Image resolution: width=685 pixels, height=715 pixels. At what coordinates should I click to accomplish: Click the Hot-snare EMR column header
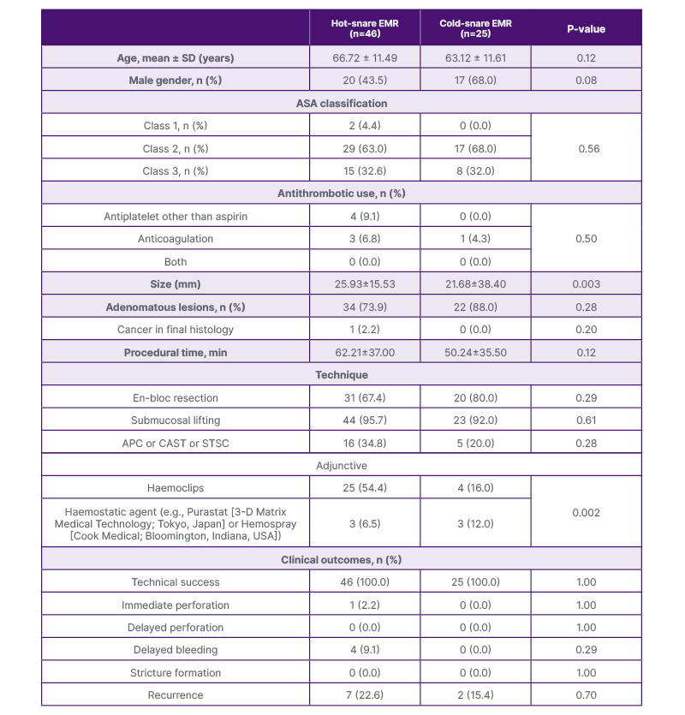pyautogui.click(x=365, y=28)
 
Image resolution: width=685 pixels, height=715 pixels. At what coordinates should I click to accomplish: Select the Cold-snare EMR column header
pyautogui.click(x=475, y=28)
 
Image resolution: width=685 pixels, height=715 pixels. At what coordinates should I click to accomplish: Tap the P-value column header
pyautogui.click(x=586, y=28)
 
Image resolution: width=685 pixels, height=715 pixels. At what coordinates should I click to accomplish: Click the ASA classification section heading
pyautogui.click(x=342, y=103)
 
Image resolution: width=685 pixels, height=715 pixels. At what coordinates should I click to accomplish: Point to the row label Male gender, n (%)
pyautogui.click(x=176, y=80)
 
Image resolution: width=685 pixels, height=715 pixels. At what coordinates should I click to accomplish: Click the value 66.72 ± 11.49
pyautogui.click(x=365, y=58)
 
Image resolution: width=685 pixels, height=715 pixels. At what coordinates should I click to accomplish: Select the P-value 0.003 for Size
pyautogui.click(x=586, y=283)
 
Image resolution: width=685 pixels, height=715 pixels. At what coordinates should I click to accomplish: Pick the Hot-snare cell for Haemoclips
pyautogui.click(x=365, y=487)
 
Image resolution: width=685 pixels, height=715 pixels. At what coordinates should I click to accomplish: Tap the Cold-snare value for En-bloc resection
pyautogui.click(x=475, y=397)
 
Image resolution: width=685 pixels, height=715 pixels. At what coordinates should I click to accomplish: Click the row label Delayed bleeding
pyautogui.click(x=176, y=650)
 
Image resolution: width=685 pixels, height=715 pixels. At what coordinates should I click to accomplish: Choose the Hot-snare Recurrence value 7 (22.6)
pyautogui.click(x=365, y=694)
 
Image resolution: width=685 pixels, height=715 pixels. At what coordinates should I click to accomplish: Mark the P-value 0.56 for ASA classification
pyautogui.click(x=586, y=148)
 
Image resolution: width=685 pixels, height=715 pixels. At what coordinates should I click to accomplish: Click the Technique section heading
pyautogui.click(x=342, y=374)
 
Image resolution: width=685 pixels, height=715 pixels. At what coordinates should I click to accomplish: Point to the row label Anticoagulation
pyautogui.click(x=176, y=239)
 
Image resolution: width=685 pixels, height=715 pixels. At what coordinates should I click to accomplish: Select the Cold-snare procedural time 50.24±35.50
pyautogui.click(x=475, y=352)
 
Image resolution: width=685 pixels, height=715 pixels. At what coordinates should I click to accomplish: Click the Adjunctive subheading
pyautogui.click(x=342, y=465)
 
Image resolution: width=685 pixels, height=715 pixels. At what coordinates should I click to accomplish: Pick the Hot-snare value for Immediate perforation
pyautogui.click(x=365, y=605)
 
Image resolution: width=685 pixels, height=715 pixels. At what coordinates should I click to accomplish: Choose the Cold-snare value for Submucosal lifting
pyautogui.click(x=475, y=420)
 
